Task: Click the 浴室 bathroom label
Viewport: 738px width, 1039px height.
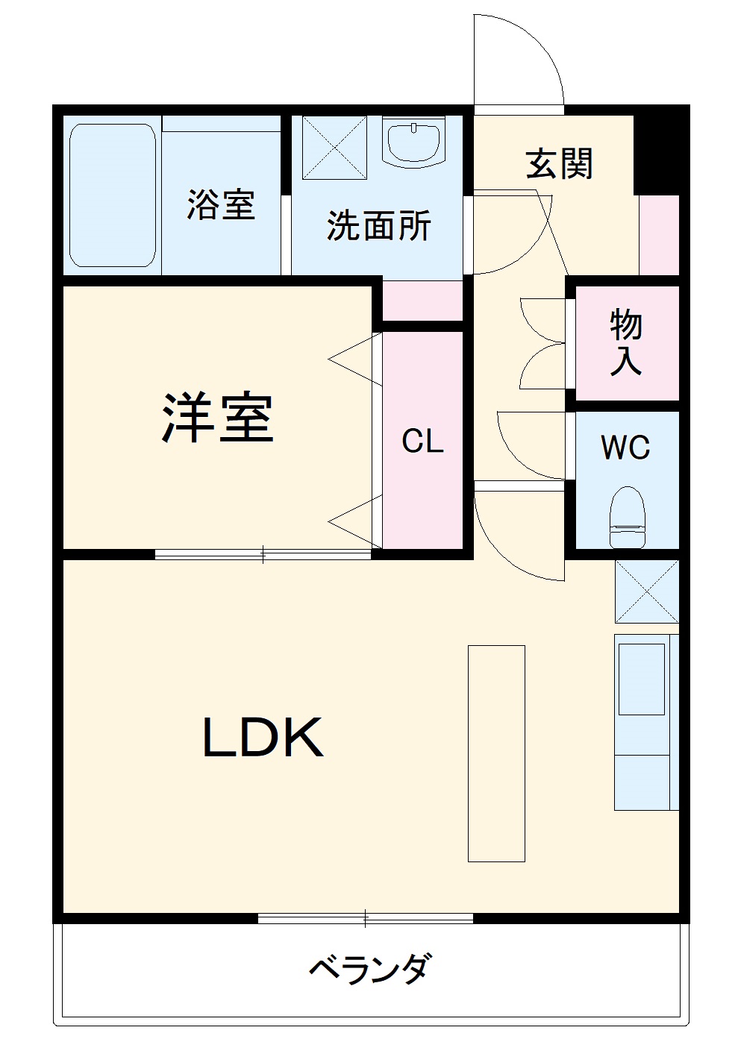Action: coord(221,204)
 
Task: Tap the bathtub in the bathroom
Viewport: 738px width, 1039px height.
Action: coord(113,195)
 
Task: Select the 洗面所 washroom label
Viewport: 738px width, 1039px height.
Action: coord(378,225)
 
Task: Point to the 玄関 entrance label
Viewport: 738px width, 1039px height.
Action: coord(559,164)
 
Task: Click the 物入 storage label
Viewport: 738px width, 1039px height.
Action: coord(625,342)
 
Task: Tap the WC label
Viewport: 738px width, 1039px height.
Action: coord(625,447)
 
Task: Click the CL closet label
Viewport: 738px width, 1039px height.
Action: coord(422,442)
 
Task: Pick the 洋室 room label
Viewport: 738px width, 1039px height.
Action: coord(218,418)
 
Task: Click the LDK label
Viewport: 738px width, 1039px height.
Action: coord(263,738)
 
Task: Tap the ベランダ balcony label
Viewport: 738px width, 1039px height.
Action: coord(369,969)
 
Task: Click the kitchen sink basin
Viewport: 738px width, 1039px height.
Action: coord(641,678)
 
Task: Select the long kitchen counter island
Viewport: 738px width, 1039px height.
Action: coord(496,753)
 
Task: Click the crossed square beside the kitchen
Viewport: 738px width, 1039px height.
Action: coord(646,591)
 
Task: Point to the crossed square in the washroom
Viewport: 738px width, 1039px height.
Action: coord(334,147)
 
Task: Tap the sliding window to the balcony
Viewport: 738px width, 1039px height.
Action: coord(365,917)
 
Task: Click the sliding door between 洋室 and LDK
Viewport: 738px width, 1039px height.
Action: coord(263,554)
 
